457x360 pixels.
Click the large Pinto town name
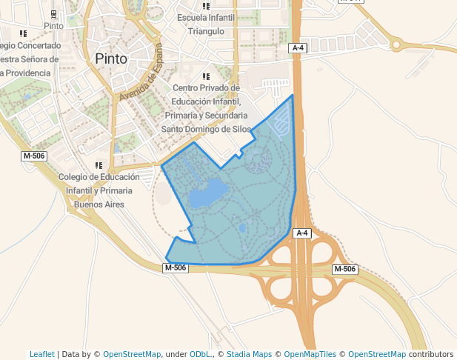pos(111,59)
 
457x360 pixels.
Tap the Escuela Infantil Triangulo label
pos(206,24)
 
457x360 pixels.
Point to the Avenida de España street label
pos(141,73)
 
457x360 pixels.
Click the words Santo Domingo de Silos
pos(206,129)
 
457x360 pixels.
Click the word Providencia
pos(27,73)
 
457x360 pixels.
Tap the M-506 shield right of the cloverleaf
pos(344,269)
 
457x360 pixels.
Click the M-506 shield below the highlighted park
pos(176,267)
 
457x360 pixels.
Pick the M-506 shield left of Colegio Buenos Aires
pos(34,156)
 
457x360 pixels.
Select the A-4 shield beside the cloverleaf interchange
pos(301,233)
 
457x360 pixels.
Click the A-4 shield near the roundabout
pos(298,48)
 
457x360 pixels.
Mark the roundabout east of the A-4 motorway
pos(396,44)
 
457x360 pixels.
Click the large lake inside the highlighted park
pos(207,194)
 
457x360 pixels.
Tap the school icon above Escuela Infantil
pos(205,6)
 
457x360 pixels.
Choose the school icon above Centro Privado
pos(206,76)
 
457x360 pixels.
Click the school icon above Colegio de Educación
pos(99,165)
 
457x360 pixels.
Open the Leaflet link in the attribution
pos(42,354)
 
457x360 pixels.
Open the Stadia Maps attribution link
pos(249,354)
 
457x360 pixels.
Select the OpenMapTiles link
pos(310,354)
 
